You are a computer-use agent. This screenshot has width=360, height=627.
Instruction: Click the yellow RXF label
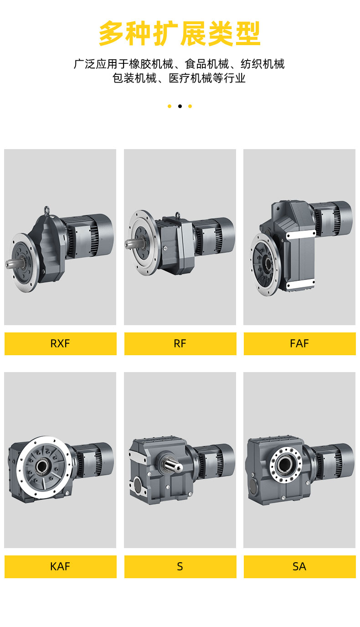(61, 343)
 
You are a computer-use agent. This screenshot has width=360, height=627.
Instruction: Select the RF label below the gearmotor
(180, 343)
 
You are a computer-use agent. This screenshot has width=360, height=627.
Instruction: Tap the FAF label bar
(299, 343)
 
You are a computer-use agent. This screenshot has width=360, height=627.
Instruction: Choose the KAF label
(61, 566)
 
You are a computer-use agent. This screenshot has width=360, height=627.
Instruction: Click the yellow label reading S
(180, 566)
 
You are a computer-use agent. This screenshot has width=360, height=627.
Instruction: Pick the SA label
(299, 566)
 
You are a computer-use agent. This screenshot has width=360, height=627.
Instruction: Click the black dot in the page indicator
(180, 106)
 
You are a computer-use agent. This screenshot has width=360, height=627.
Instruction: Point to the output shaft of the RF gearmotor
(132, 243)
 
